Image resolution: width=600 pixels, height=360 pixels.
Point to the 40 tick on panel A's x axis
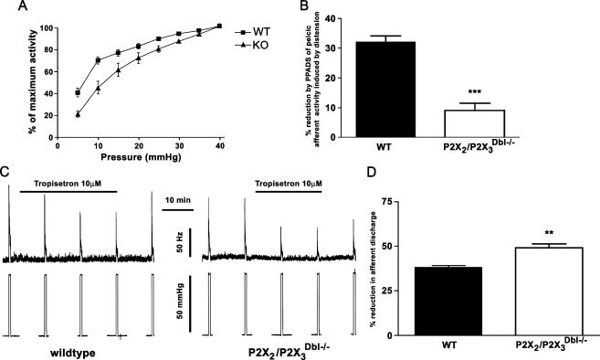(218, 143)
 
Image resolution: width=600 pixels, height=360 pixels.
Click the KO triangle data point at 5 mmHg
(78, 114)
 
